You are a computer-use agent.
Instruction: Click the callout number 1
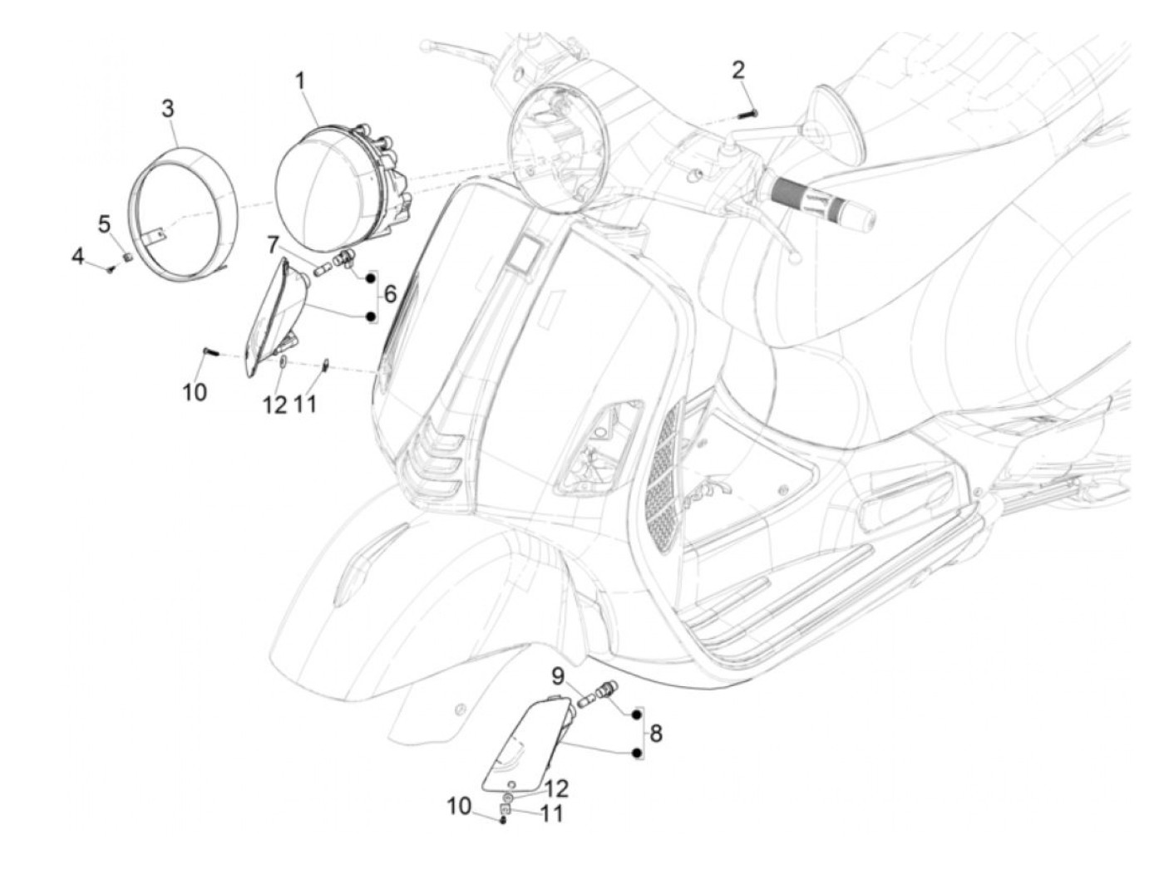coord(300,81)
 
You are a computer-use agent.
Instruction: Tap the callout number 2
coord(738,70)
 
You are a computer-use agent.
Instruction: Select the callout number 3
coord(168,108)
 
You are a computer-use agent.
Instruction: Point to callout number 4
coord(78,257)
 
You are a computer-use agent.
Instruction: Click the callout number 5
coord(104,223)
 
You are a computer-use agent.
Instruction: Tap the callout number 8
coord(656,733)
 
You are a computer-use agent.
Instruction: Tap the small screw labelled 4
coord(110,268)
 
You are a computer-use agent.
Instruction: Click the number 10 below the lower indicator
coord(458,805)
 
